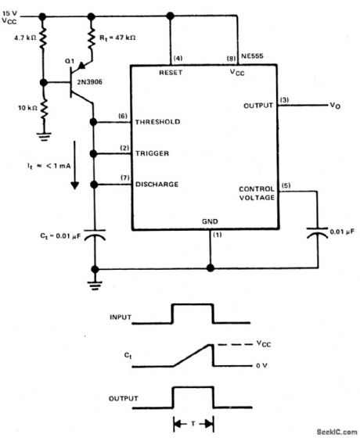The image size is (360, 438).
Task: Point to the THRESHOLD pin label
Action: point(158,123)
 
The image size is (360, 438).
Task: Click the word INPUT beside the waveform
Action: point(121,319)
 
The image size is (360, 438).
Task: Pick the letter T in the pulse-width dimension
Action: point(193,425)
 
